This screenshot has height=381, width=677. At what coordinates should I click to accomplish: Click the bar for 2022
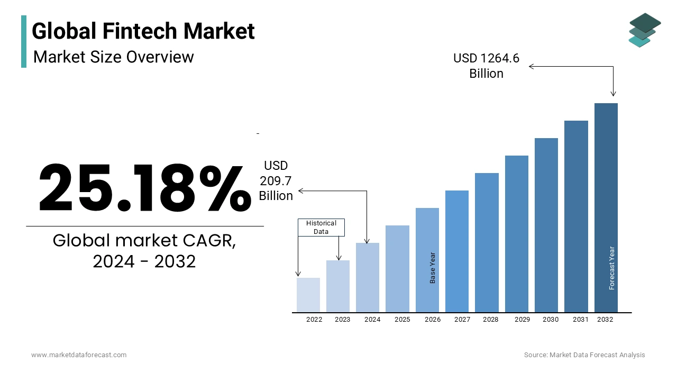[x=308, y=295]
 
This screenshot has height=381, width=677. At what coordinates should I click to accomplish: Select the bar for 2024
[x=368, y=277]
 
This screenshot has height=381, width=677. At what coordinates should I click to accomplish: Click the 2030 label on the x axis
[x=550, y=320]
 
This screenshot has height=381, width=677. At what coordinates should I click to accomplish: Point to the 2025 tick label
[x=402, y=320]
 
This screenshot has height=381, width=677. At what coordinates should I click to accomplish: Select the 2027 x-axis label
[x=462, y=320]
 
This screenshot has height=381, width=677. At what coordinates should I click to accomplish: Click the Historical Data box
[x=321, y=228]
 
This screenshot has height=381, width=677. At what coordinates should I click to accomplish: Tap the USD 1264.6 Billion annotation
[x=486, y=66]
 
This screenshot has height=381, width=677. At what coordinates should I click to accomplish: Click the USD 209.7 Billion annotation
[x=276, y=181]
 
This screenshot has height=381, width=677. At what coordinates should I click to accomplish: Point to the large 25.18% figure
[x=144, y=188]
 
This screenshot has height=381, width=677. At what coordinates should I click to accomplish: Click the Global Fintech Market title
[x=143, y=31]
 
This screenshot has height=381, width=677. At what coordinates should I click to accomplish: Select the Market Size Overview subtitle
[x=114, y=57]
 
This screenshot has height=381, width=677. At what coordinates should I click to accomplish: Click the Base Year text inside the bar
[x=433, y=268]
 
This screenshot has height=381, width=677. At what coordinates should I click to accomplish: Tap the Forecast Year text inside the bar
[x=612, y=268]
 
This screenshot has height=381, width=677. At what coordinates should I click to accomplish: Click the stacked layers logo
[x=644, y=30]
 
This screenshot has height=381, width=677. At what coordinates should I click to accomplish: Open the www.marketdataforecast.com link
[x=79, y=355]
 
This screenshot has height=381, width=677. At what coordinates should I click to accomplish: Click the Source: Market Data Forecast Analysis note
[x=584, y=355]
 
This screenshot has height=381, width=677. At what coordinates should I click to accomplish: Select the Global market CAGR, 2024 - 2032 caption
[x=144, y=251]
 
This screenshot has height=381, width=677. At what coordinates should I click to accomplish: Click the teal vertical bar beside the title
[x=24, y=41]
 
